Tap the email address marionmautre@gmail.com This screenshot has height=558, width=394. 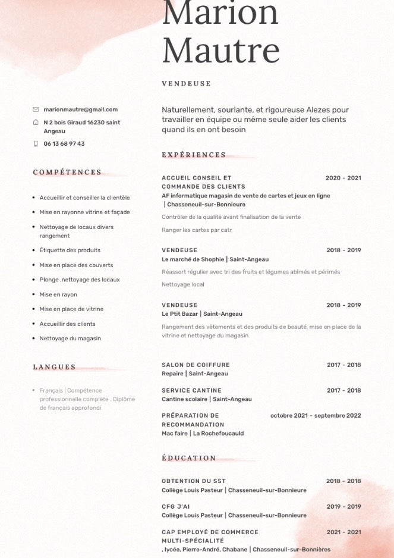[x=80, y=109]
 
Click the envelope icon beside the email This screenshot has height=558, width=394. [x=36, y=109]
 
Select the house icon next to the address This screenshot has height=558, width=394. [x=36, y=123]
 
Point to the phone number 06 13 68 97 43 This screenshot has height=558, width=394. [x=64, y=144]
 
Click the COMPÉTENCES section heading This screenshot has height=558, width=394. [x=67, y=173]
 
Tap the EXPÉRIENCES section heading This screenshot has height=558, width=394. [x=194, y=155]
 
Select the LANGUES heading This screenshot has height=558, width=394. [x=55, y=367]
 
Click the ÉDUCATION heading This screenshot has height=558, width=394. [x=189, y=458]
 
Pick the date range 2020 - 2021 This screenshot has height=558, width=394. [x=343, y=178]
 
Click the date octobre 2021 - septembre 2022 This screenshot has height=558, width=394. [x=316, y=416]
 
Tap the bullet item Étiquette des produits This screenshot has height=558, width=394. [x=70, y=250]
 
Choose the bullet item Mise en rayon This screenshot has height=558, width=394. [x=58, y=294]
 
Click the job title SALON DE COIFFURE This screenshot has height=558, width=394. [x=196, y=365]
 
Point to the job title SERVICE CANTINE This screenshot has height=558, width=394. [x=191, y=390]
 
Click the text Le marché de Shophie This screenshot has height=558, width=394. [x=193, y=259]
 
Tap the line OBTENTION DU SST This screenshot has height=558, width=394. [x=194, y=481]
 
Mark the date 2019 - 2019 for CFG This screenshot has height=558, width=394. [x=343, y=507]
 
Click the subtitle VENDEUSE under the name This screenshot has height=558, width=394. [x=186, y=84]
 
